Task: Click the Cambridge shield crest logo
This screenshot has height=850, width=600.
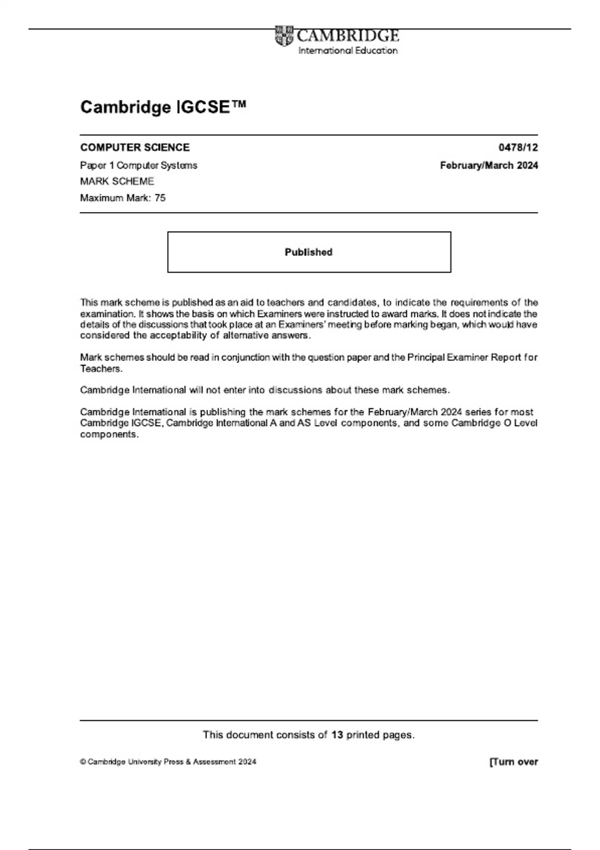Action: [284, 36]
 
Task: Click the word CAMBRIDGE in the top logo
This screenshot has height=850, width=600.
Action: [347, 35]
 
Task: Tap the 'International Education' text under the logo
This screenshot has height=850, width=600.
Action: [347, 50]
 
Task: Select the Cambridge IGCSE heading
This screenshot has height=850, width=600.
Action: [163, 107]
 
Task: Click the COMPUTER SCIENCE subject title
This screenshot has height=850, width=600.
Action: [135, 147]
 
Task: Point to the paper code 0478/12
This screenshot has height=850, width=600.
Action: [518, 147]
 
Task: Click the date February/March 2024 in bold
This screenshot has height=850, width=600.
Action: [489, 165]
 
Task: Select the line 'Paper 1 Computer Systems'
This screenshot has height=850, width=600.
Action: [138, 165]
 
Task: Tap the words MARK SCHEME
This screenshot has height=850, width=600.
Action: [117, 181]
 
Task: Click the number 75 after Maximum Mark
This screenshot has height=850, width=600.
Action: [160, 198]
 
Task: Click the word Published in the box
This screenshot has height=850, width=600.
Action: [308, 252]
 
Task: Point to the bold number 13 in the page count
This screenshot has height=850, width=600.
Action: [337, 735]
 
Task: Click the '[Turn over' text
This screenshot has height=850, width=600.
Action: [513, 762]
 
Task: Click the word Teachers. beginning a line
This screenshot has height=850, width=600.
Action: [101, 369]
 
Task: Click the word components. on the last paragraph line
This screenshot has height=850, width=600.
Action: [109, 434]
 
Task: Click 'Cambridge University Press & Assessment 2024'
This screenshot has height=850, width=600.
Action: [171, 762]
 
